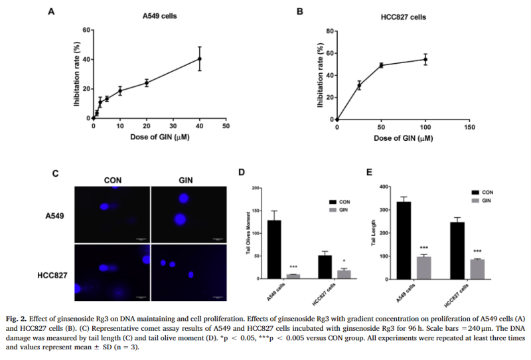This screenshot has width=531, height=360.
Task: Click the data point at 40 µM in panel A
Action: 199,58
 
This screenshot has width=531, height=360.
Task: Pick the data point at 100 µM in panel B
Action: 425,59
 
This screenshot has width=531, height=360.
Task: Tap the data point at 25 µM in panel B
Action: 359,85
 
